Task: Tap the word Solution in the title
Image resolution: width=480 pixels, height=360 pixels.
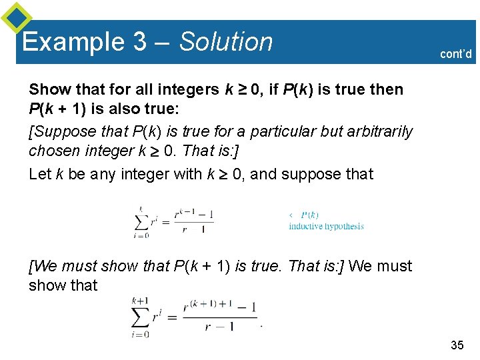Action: click(227, 42)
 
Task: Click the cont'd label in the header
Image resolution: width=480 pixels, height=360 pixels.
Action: click(456, 54)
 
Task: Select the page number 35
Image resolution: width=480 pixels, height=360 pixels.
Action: click(457, 345)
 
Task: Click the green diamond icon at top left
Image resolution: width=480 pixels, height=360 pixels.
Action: click(17, 18)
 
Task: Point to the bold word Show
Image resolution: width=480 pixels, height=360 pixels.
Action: click(47, 89)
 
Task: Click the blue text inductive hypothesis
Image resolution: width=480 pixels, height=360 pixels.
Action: click(326, 227)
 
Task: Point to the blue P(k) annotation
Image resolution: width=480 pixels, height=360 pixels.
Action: click(309, 215)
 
